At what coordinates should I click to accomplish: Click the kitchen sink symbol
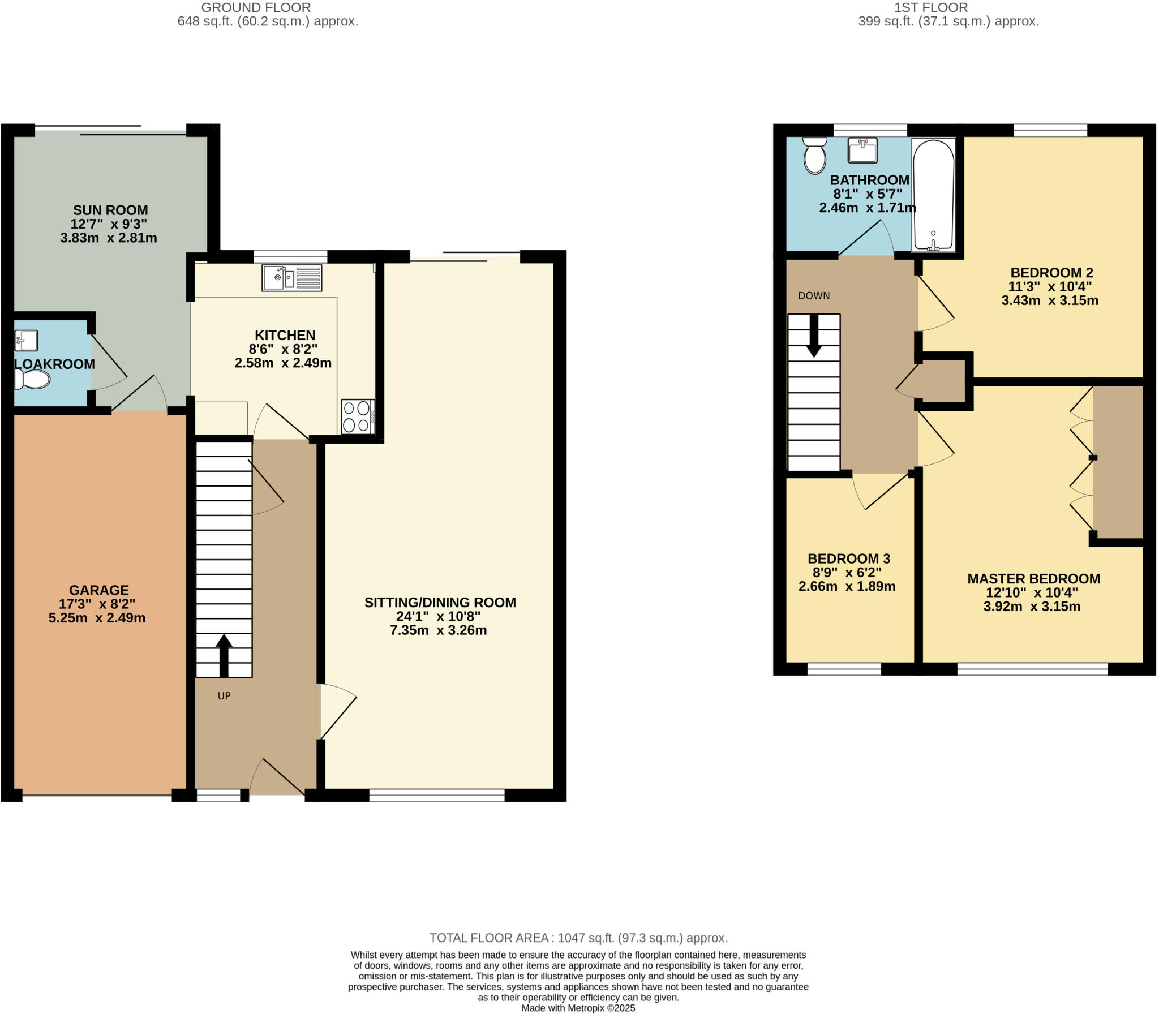pos(291,278)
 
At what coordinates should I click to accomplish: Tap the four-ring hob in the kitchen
pos(358,416)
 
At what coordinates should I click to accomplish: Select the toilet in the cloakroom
pos(33,379)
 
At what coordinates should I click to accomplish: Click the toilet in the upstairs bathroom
pos(815,155)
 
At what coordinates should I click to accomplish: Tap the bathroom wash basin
pos(862,150)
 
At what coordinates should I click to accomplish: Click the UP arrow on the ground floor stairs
pos(224,655)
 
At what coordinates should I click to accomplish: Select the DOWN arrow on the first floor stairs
pos(814,335)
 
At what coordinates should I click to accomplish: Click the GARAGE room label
pos(99,590)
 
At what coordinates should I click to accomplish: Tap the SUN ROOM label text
pos(110,210)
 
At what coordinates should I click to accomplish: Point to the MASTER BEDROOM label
pos(1033,579)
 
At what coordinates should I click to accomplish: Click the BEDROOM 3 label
pos(848,558)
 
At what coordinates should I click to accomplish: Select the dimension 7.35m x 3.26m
pos(438,630)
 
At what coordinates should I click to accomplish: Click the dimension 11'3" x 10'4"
pos(1050,286)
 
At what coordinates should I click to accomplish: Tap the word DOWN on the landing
pos(814,295)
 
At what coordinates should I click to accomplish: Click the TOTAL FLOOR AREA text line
pos(578,938)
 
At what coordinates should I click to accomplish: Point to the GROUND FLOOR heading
pos(256,8)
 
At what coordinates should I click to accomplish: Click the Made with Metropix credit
pos(578,1008)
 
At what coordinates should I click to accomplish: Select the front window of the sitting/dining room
pos(437,795)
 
